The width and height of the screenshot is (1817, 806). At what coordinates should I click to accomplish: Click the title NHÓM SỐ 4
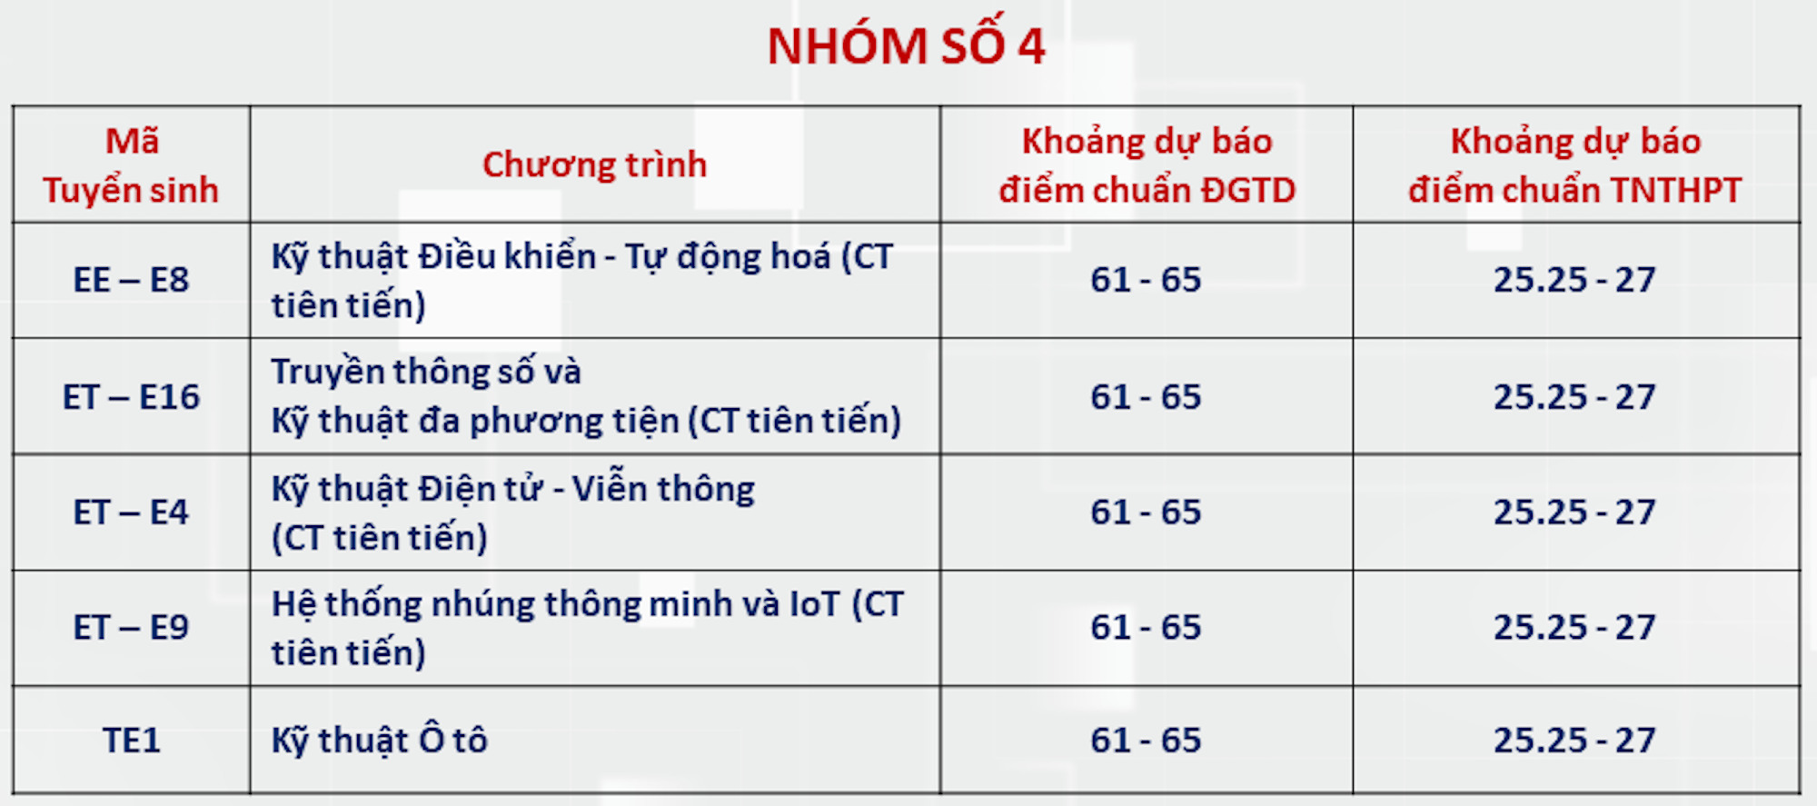pos(906,46)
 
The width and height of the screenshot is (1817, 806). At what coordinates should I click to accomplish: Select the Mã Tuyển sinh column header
pos(131,165)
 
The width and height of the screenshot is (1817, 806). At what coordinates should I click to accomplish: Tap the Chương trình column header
pos(594,165)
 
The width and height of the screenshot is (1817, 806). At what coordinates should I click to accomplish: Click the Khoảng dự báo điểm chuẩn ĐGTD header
pos(1147,165)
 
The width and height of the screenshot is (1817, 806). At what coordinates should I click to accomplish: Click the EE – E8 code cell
pos(131,280)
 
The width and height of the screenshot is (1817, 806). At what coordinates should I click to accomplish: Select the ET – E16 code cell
pos(131,397)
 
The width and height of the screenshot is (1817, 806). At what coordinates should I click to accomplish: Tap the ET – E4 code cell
pos(131,512)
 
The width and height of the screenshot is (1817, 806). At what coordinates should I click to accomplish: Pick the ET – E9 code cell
pos(131,628)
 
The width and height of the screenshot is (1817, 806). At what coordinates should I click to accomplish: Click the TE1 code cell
pos(131,741)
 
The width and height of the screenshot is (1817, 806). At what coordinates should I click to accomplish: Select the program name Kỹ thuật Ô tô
pos(380,741)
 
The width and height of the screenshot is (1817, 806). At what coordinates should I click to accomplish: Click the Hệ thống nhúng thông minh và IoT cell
pos(587,628)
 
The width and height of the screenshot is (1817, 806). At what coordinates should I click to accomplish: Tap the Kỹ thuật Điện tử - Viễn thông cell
pos(513,512)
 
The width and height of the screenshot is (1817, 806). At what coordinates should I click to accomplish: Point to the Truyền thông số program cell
pos(586,397)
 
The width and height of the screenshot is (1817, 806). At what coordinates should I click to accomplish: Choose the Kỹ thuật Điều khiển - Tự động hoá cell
pos(581,280)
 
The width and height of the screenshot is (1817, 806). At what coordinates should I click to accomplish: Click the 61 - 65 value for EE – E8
pos(1146,280)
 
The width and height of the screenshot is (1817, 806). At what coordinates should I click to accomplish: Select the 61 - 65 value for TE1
pos(1146,741)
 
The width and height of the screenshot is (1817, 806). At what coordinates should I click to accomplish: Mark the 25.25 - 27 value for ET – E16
pos(1574,397)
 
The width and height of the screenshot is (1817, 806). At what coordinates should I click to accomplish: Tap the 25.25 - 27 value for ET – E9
pos(1574,628)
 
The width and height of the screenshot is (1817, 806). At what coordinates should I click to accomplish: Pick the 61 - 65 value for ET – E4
pos(1146,512)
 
